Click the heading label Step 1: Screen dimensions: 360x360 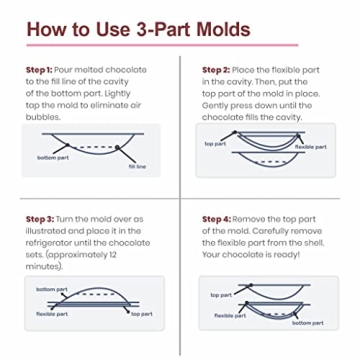[39, 70]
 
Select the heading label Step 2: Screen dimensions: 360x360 [216, 70]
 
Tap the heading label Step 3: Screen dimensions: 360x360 [40, 219]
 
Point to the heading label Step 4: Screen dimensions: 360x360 [216, 219]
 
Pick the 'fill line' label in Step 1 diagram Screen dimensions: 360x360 [137, 166]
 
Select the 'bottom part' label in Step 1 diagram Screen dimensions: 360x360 [53, 158]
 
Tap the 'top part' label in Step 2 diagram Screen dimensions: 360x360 [215, 144]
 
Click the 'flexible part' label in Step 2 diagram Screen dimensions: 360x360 [311, 147]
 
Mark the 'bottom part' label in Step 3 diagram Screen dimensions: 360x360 [52, 289]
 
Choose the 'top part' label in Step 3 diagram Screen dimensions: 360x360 [142, 314]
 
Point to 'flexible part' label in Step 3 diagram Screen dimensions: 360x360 [52, 314]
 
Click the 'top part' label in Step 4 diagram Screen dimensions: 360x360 [221, 295]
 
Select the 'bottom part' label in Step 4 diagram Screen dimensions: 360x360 [308, 323]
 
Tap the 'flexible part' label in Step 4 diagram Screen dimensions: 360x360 [230, 316]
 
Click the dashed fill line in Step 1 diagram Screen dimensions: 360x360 [92, 147]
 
